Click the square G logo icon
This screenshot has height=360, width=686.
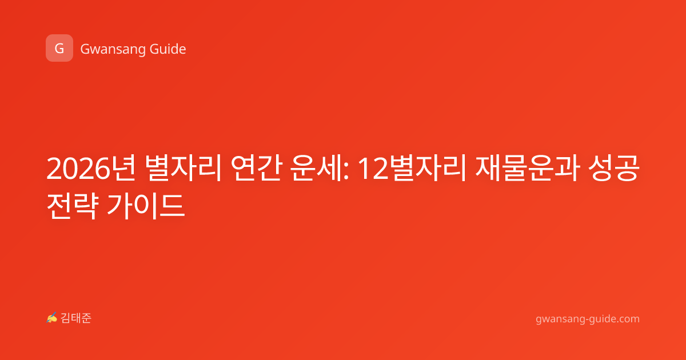click(59, 48)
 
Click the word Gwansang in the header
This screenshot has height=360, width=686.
click(113, 50)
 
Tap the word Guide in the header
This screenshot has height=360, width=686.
click(168, 49)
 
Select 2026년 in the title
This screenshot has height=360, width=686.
click(91, 168)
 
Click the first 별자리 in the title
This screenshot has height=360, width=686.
click(183, 168)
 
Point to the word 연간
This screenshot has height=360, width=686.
click(256, 168)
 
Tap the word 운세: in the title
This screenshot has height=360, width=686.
click(320, 168)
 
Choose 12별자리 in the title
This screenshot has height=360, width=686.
click(412, 168)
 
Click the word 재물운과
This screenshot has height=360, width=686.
click(527, 168)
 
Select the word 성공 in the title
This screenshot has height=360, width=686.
click(615, 168)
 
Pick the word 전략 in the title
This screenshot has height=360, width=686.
click(72, 206)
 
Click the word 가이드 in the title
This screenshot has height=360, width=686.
click(146, 206)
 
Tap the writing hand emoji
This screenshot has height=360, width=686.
click(52, 318)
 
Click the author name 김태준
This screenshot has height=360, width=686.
click(76, 318)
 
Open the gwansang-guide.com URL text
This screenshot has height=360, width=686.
click(588, 319)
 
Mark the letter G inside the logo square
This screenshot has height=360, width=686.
click(59, 49)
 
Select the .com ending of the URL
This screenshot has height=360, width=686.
click(627, 319)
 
